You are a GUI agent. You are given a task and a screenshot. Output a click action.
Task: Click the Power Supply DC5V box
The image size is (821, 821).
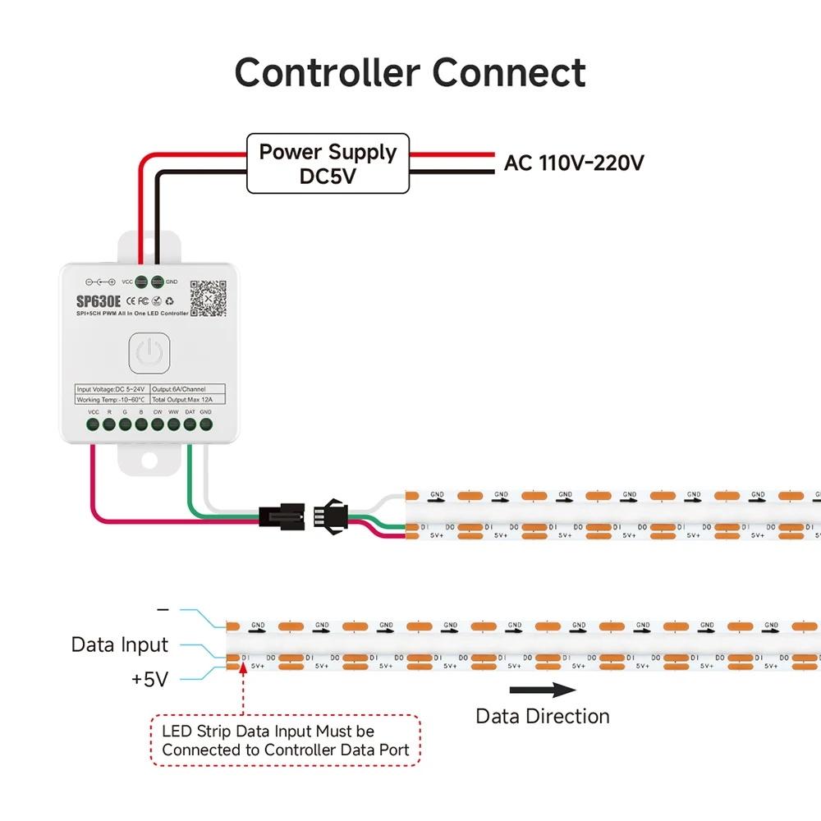[328, 163]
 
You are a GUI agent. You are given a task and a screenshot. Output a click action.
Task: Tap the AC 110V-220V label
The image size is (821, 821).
[573, 163]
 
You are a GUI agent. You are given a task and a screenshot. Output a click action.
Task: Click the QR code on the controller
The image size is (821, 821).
[208, 298]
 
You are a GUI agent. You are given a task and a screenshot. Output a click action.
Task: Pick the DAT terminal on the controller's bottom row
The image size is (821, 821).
[190, 424]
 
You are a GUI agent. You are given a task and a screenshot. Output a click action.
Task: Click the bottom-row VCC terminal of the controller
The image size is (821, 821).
[94, 424]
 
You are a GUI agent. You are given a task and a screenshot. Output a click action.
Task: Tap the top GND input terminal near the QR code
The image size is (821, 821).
[158, 282]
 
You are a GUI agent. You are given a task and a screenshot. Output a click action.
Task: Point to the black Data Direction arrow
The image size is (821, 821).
[543, 690]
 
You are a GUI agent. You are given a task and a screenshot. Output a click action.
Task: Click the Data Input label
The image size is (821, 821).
[120, 644]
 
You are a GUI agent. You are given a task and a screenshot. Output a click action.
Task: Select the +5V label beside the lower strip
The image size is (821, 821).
[149, 679]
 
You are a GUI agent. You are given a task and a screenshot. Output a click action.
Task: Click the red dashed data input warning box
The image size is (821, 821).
[286, 740]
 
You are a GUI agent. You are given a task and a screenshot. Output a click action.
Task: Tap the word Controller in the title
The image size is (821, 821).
[328, 72]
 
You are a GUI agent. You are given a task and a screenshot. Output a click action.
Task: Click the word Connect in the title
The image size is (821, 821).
[509, 72]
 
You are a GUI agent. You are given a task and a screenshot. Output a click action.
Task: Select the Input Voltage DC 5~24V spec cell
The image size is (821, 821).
[112, 388]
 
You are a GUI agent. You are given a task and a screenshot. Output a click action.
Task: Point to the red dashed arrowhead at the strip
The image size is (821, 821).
[244, 669]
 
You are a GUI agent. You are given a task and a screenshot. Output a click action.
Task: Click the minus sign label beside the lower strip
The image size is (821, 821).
[163, 610]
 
